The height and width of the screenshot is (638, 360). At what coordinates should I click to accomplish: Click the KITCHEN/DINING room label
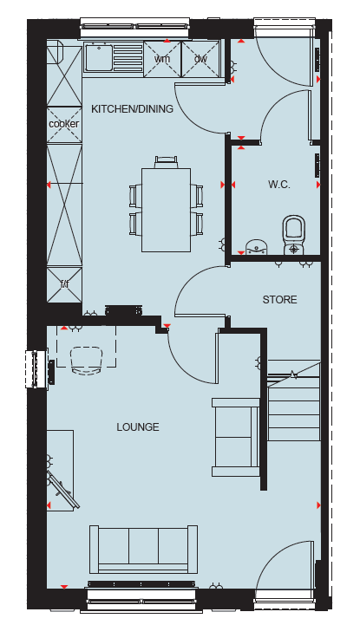coord(133,109)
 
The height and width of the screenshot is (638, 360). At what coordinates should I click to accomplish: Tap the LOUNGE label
coord(138,427)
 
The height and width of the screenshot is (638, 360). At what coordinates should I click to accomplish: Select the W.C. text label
coord(279,185)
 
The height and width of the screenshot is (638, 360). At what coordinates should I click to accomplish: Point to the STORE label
coord(280,300)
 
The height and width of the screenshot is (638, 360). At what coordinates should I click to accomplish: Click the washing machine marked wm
coord(162,59)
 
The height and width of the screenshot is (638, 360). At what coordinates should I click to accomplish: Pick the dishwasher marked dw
coord(200,59)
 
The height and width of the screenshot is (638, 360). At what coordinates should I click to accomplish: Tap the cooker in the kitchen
coord(64,124)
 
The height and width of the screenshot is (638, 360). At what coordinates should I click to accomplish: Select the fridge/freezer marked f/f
coord(64,285)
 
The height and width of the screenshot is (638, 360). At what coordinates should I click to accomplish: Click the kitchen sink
coord(99,58)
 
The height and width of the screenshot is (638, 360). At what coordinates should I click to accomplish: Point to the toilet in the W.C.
coord(294,235)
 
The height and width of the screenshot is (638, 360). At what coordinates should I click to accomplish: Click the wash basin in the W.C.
coord(257,247)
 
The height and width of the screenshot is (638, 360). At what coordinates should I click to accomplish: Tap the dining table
coord(167,210)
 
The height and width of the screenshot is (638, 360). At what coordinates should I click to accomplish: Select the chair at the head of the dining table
coord(167,162)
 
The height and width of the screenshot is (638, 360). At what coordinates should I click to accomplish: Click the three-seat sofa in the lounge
coord(143,550)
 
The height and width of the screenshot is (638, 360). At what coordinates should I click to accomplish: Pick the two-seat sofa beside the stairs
coord(236,437)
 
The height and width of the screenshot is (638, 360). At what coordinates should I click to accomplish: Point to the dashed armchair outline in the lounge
coord(86,360)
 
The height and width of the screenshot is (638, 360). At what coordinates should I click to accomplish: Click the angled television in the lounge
coord(63,491)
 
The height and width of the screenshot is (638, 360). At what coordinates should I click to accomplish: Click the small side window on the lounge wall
coord(36,369)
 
